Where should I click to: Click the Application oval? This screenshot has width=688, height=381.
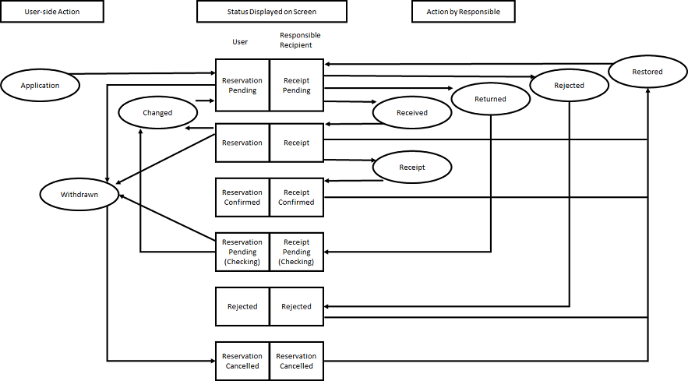(x=40, y=85)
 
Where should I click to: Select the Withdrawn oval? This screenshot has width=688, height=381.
(x=79, y=195)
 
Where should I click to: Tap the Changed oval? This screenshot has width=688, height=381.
(x=157, y=113)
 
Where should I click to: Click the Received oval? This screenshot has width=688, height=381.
(x=412, y=113)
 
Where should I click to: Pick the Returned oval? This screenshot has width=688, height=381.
(x=491, y=99)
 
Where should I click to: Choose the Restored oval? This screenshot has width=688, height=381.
(x=647, y=72)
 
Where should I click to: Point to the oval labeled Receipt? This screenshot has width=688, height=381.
(x=412, y=168)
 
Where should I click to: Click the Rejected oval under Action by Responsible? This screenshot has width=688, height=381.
(x=569, y=85)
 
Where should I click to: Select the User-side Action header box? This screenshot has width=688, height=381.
(x=51, y=12)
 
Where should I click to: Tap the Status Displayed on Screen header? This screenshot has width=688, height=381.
(x=272, y=12)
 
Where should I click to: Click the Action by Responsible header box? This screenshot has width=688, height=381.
(x=464, y=12)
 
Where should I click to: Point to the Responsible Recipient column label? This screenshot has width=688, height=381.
(x=300, y=40)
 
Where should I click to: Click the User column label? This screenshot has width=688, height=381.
(x=240, y=42)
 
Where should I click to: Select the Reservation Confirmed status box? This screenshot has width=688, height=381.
(x=242, y=197)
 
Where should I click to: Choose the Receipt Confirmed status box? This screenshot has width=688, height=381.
(x=297, y=197)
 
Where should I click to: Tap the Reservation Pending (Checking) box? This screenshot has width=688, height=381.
(x=242, y=252)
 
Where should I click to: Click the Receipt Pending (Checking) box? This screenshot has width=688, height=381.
(x=297, y=252)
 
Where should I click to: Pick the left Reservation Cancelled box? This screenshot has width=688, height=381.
(x=242, y=361)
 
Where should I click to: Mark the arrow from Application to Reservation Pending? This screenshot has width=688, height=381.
(x=143, y=74)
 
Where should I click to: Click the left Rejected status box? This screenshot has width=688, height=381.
(x=242, y=306)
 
